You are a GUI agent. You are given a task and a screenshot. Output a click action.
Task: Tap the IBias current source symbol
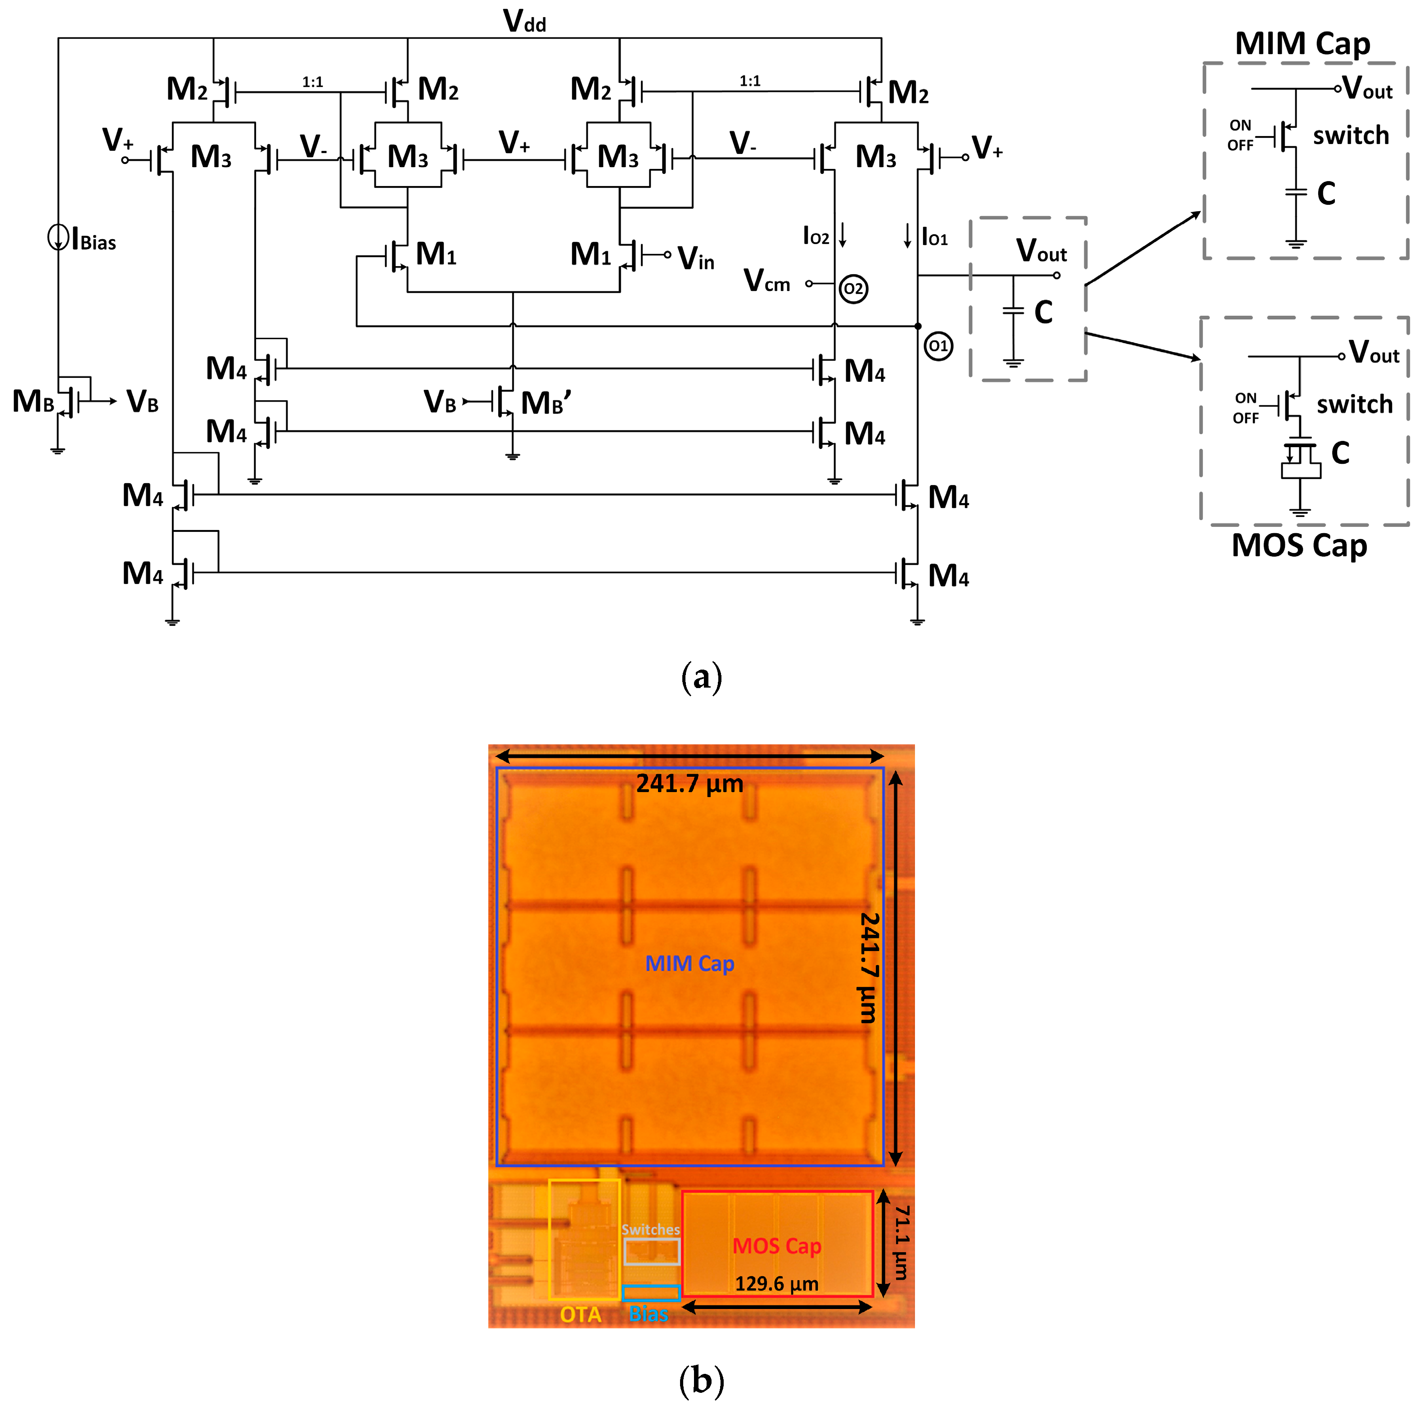click(58, 237)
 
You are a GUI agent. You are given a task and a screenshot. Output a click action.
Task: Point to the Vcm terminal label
click(766, 281)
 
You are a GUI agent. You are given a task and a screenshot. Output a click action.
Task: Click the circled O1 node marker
click(938, 346)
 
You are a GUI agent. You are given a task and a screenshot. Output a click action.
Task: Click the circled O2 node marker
click(853, 288)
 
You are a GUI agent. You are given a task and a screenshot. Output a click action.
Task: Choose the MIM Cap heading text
click(1302, 44)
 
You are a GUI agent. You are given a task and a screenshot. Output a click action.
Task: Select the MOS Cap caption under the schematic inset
click(1299, 546)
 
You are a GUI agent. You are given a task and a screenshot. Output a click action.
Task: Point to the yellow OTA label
click(580, 1314)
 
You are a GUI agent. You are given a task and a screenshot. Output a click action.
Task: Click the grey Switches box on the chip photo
click(652, 1251)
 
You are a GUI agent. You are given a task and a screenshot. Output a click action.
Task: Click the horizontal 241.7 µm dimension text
click(690, 783)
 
